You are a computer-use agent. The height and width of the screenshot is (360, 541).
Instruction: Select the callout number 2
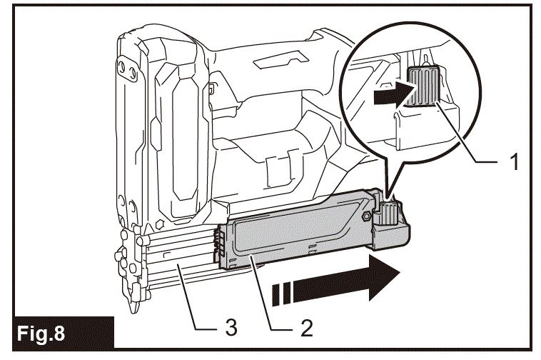point(306,328)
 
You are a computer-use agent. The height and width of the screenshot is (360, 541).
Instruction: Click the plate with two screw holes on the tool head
point(129,69)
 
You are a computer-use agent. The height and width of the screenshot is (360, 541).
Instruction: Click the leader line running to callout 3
point(193,301)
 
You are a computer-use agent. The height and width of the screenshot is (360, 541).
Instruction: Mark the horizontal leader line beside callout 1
point(485,163)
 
